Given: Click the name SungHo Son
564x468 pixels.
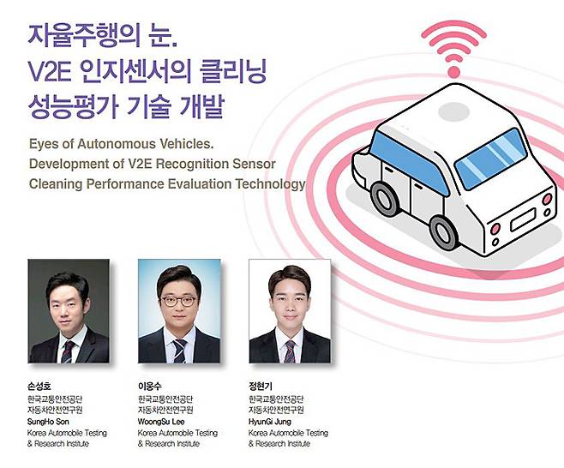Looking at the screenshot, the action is (48, 422).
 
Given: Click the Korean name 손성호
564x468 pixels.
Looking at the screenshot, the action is (39, 387).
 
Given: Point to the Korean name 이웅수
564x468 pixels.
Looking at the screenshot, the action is (150, 387).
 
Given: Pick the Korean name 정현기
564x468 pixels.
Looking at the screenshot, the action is (261, 387).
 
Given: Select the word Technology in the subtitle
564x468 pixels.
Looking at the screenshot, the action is (270, 184).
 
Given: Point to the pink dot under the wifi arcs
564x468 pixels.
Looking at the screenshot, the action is (454, 72).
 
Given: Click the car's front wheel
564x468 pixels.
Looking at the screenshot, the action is (384, 198).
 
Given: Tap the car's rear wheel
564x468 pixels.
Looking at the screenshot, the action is (445, 231).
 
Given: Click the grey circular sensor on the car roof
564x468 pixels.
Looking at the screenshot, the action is (454, 111).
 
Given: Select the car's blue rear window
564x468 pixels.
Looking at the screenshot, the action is (490, 159).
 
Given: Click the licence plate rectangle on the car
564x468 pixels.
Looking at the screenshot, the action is (524, 219).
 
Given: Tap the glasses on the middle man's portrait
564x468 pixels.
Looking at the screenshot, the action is (178, 301).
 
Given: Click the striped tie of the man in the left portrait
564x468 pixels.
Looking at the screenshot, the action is (67, 351).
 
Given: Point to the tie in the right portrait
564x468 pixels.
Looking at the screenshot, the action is (289, 351).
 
